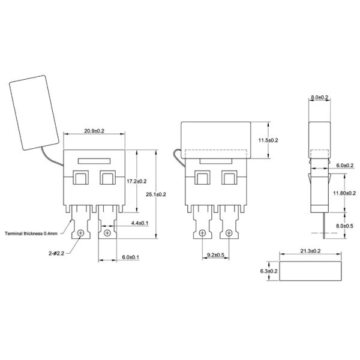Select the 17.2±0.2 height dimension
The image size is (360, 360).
pos(137,181)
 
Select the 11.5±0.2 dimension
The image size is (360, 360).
pos(267,140)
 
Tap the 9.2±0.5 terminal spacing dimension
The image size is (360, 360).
pos(215,256)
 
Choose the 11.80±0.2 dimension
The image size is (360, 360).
pos(344,193)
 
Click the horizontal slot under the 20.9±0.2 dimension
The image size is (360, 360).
pos(94,160)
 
